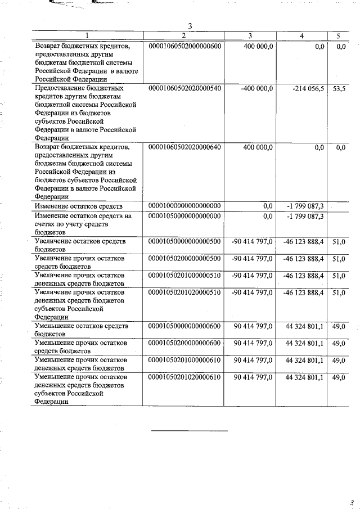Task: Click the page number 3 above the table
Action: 190,26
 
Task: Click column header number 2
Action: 184,36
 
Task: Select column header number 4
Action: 302,36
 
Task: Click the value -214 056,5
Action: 306,89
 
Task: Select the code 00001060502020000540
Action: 184,89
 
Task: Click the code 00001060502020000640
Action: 184,147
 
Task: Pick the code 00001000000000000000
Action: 184,206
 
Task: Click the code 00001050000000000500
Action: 184,241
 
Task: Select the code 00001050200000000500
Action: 184,258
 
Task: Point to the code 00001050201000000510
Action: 184,275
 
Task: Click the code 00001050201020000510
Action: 184,292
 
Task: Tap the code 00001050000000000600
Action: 184,326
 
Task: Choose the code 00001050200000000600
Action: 184,343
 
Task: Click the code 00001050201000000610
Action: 184,359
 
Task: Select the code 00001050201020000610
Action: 184,377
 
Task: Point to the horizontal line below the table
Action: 190,431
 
